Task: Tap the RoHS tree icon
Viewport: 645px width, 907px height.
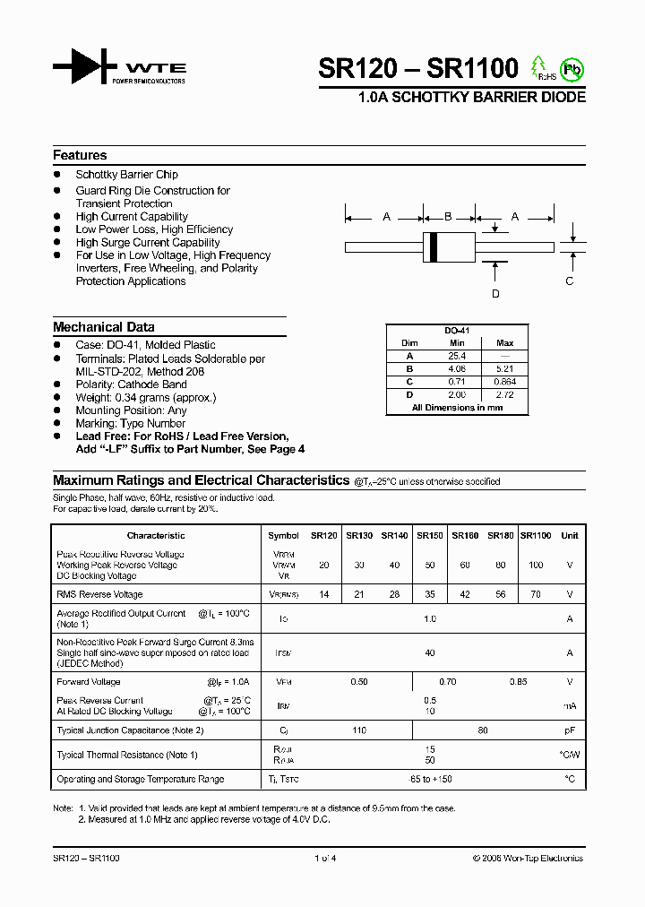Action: click(539, 67)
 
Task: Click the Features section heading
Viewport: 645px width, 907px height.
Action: click(80, 155)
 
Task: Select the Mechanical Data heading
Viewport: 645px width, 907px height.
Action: click(103, 327)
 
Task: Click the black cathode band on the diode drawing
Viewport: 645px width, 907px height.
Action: click(434, 246)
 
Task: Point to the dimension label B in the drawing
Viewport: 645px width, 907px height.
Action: click(448, 217)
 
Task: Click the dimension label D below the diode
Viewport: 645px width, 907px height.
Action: click(495, 293)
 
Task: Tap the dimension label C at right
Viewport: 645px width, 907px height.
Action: click(569, 281)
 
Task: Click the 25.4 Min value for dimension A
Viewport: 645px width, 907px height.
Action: click(457, 356)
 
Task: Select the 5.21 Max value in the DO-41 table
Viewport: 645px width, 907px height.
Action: click(504, 368)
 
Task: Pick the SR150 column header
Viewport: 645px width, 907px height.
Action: click(429, 535)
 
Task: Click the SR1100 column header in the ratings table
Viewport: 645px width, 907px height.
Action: click(536, 535)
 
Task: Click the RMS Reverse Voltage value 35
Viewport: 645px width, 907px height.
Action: click(429, 594)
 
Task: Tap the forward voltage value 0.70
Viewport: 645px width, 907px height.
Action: click(429, 682)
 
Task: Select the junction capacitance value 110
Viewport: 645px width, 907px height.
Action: click(359, 730)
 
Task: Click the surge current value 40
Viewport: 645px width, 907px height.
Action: click(429, 653)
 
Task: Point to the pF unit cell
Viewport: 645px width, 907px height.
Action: click(570, 730)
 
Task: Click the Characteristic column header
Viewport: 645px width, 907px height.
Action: click(156, 535)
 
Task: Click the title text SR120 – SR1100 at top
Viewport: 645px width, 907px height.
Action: click(418, 69)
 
